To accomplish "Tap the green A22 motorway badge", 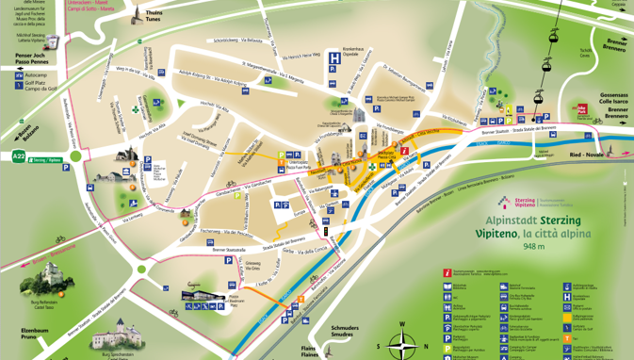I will [19, 156].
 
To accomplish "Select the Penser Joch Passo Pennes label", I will [31, 59].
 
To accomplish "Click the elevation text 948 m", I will [533, 247].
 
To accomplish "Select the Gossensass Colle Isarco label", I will [614, 100].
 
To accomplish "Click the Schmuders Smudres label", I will [344, 331].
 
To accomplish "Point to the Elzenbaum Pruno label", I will [34, 334].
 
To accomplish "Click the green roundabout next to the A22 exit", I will [75, 156].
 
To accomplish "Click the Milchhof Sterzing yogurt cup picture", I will [53, 41].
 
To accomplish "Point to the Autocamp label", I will [36, 75].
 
